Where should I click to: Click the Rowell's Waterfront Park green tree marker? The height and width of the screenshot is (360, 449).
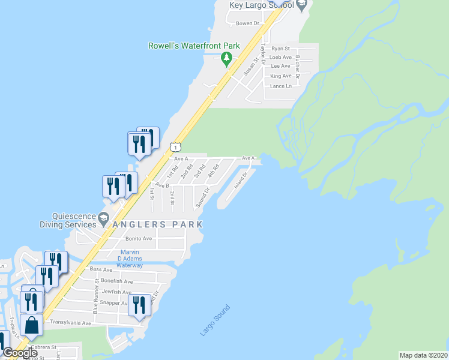click(226, 59)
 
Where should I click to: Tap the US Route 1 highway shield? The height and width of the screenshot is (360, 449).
click(175, 146)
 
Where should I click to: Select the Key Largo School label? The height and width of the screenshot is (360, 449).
click(262, 5)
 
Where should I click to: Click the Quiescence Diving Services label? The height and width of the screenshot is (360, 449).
click(68, 221)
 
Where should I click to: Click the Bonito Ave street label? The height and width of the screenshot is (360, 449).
click(139, 238)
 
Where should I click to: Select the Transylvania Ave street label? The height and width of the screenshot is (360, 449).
click(70, 323)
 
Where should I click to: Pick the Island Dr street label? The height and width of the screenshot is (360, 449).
click(241, 180)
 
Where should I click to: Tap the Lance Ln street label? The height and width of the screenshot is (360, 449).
click(281, 86)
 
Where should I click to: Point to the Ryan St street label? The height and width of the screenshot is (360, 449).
click(280, 49)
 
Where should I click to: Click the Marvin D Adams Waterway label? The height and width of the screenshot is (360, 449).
click(130, 258)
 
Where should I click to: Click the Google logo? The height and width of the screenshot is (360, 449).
click(20, 353)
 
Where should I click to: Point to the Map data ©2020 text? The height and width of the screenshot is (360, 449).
click(423, 355)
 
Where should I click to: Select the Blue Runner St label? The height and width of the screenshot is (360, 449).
click(95, 301)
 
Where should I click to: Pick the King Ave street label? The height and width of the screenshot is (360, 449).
click(281, 76)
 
